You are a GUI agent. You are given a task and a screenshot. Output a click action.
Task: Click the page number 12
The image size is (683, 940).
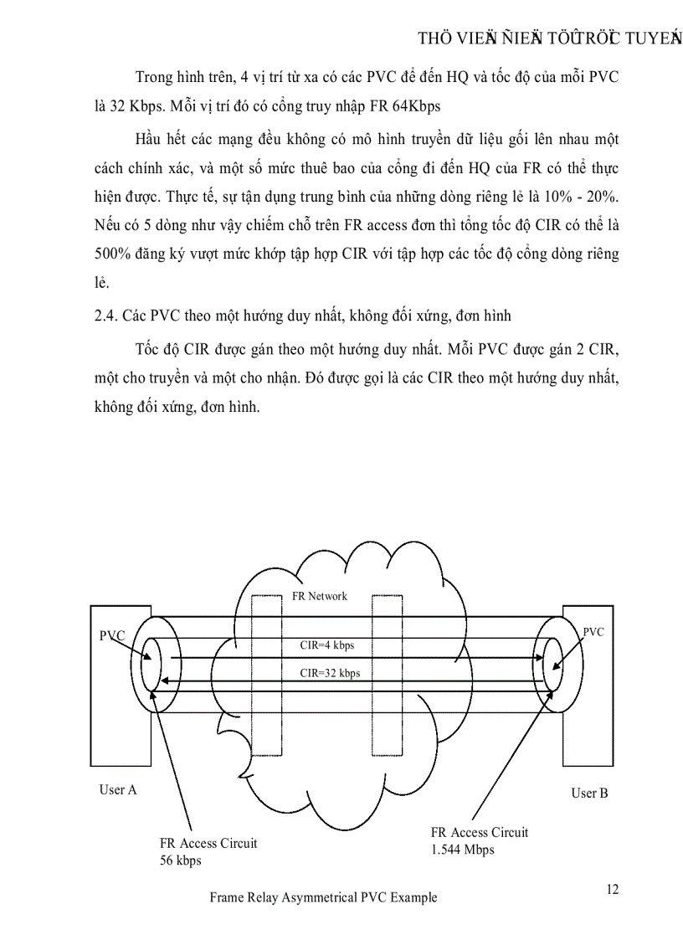coord(613,889)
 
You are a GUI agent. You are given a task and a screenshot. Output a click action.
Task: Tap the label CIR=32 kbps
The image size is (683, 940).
coord(330,672)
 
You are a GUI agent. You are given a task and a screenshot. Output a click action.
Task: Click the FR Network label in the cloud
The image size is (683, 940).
coord(319,596)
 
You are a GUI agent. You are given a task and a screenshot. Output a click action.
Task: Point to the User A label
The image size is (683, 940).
coord(117,789)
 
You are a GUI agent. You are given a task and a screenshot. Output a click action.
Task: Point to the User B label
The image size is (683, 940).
coord(589,793)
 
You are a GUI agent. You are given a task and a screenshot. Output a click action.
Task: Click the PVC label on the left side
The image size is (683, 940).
coord(112,635)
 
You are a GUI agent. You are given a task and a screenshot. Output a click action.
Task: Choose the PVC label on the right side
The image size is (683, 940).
coord(593,632)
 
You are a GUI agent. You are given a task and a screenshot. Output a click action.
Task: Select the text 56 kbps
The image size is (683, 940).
coord(180,860)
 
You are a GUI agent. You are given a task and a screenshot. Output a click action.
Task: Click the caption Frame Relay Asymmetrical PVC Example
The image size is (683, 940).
coord(323,897)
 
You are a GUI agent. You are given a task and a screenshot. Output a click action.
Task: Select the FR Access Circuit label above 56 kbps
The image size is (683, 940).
coord(208,843)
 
